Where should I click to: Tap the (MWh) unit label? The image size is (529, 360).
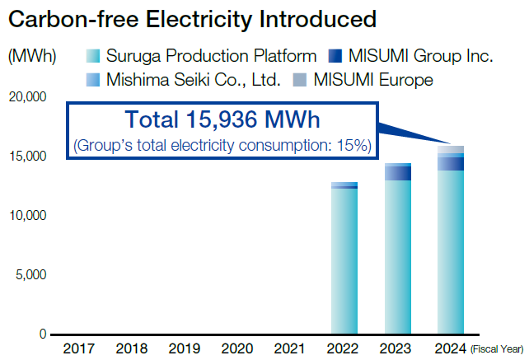coord(32,57)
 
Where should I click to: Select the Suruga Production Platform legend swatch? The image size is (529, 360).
coord(92,57)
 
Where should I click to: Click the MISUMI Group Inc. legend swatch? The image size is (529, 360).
coord(333,57)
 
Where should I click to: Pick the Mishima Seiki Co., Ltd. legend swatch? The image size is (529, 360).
coord(92,80)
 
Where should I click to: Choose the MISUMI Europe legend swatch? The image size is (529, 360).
coord(298,80)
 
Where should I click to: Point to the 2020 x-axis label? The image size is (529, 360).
coord(237,348)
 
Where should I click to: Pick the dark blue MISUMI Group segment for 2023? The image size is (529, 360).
coord(397,173)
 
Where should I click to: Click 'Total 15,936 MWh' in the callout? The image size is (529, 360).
coord(222,120)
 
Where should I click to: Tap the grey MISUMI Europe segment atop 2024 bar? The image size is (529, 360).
coord(450,149)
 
